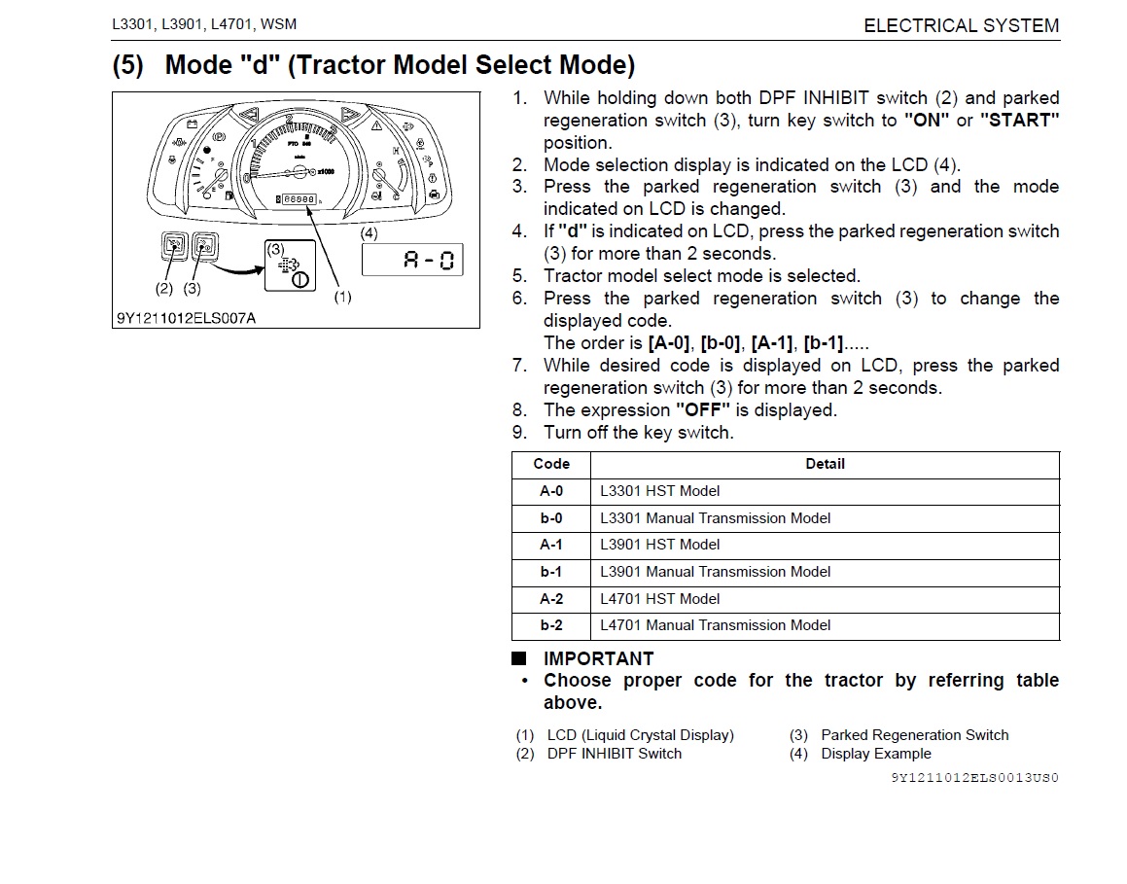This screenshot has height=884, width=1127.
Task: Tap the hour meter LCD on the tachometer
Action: (297, 198)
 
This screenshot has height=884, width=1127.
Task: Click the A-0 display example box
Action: (412, 260)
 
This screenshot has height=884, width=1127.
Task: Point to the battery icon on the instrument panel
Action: (193, 124)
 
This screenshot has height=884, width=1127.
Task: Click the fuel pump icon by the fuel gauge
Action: (228, 195)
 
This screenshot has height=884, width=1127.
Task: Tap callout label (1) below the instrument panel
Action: (342, 297)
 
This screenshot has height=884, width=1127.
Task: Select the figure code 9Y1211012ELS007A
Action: (185, 318)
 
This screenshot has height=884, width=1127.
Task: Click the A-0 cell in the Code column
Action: (550, 491)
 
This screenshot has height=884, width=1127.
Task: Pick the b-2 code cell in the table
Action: (550, 625)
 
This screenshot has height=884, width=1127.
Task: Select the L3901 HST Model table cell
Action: (659, 545)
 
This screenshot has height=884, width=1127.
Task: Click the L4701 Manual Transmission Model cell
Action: (715, 625)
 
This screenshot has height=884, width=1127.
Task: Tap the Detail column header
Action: (825, 464)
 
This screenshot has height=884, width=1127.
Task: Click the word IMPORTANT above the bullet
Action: (598, 658)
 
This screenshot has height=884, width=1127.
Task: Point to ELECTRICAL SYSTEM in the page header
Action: (961, 26)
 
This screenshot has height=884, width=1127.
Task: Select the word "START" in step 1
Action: (1019, 121)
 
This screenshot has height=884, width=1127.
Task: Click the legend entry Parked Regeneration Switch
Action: (914, 735)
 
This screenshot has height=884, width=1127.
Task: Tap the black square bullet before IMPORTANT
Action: (519, 658)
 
